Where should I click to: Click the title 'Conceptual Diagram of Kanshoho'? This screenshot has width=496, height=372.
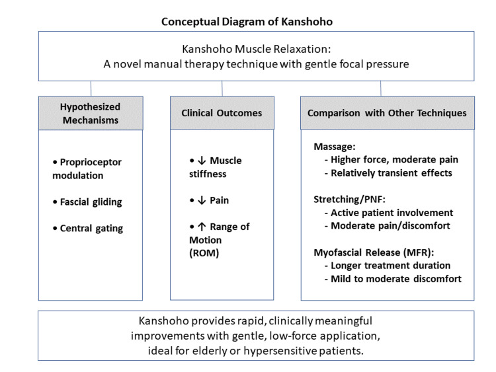pyautogui.click(x=247, y=22)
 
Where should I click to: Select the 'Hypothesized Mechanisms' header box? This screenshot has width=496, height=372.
pyautogui.click(x=91, y=113)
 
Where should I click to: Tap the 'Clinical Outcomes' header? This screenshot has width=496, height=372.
pyautogui.click(x=222, y=113)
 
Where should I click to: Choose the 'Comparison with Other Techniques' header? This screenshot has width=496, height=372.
pyautogui.click(x=387, y=113)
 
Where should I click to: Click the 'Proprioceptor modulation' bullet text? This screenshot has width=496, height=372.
pyautogui.click(x=87, y=168)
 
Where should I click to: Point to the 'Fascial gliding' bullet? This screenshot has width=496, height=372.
pyautogui.click(x=87, y=202)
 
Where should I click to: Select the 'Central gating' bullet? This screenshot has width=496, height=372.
pyautogui.click(x=88, y=228)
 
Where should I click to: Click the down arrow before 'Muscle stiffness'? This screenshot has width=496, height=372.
pyautogui.click(x=202, y=161)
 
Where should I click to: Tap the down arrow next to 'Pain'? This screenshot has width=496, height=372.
pyautogui.click(x=202, y=200)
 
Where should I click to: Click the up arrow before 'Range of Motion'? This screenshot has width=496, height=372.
pyautogui.click(x=202, y=227)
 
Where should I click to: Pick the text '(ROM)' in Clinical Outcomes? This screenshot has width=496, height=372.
pyautogui.click(x=204, y=253)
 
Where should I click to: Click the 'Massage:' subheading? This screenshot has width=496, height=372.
pyautogui.click(x=335, y=147)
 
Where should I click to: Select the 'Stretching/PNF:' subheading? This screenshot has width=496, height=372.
pyautogui.click(x=350, y=200)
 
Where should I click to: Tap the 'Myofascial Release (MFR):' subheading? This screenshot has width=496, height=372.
pyautogui.click(x=374, y=252)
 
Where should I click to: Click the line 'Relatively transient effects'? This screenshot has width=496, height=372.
pyautogui.click(x=388, y=173)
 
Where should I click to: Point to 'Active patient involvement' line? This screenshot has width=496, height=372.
pyautogui.click(x=389, y=213)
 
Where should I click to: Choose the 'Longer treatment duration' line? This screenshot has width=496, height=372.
pyautogui.click(x=388, y=266)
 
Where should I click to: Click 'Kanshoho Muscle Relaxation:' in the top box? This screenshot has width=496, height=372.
pyautogui.click(x=256, y=49)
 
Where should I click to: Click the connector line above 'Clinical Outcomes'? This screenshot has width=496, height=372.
pyautogui.click(x=222, y=89)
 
